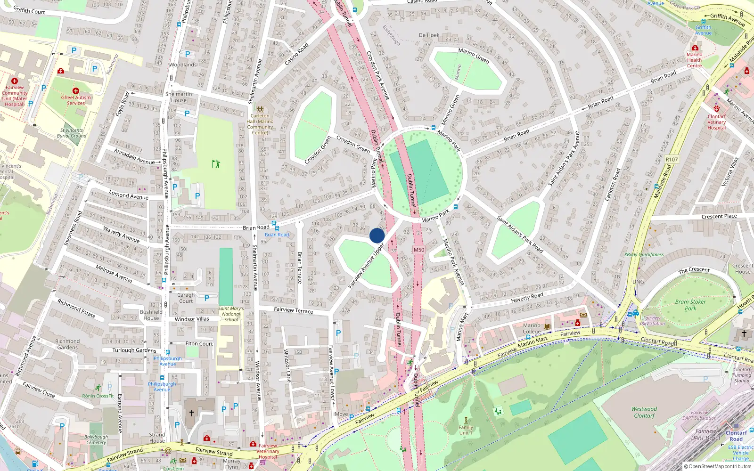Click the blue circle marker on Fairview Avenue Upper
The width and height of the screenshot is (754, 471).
point(377,235)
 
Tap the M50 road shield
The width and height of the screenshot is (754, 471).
point(418,250)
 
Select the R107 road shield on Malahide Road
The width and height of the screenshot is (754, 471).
point(672,160)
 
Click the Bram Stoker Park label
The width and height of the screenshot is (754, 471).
point(690,305)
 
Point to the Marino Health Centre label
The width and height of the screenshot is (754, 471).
point(694,60)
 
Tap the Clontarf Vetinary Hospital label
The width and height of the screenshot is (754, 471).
point(716,122)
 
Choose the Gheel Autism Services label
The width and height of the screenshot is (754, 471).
point(76,100)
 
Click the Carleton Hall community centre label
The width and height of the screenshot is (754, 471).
point(260,124)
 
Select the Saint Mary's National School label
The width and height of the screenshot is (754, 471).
point(231,314)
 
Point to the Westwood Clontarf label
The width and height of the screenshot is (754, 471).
point(644,412)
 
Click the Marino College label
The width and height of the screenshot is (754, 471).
point(532,328)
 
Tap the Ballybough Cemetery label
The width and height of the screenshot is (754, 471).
point(96,439)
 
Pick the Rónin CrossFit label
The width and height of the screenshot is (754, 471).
point(98,396)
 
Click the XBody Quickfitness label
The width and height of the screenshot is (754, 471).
point(644,254)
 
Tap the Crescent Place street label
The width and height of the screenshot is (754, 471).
point(719,216)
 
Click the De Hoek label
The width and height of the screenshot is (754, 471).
point(429,35)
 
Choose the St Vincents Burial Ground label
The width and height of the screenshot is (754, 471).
point(72,133)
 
